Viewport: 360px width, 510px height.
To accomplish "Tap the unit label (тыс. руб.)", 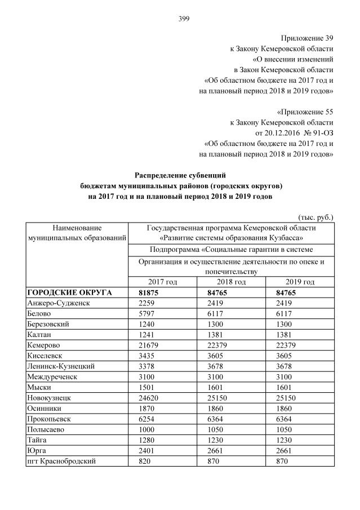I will pyautogui.click(x=315, y=216).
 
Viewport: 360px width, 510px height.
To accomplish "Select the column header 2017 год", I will pyautogui.click(x=163, y=282).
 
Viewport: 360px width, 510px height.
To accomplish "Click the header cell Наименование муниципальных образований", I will pyautogui.click(x=77, y=233).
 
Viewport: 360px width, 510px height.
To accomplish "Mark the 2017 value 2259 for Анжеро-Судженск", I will pyautogui.click(x=146, y=303).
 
